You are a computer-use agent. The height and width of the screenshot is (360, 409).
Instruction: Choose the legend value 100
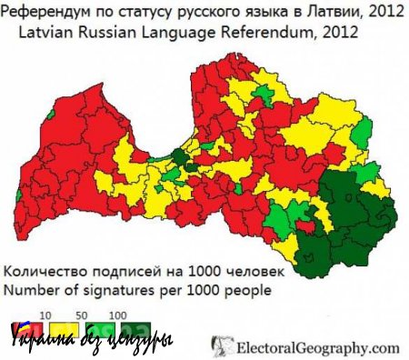pos(116,312)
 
